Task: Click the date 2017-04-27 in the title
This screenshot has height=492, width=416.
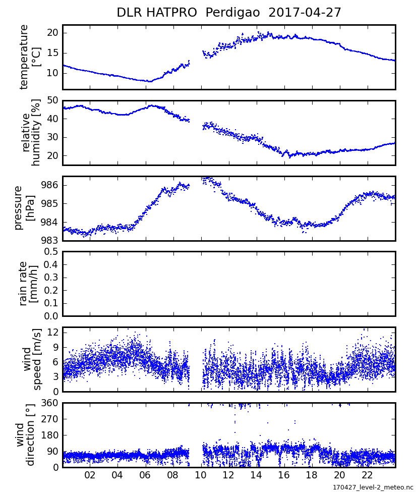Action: click(305, 13)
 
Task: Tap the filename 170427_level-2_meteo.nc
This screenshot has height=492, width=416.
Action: click(373, 487)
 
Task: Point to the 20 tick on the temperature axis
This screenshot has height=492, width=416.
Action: click(52, 33)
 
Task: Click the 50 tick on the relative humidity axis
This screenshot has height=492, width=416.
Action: click(52, 100)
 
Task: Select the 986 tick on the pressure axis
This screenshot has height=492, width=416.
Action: click(50, 185)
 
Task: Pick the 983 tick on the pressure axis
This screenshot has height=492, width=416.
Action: click(50, 240)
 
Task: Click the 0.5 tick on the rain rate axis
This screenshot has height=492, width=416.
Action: click(51, 251)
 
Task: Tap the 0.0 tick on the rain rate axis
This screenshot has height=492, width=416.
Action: click(51, 316)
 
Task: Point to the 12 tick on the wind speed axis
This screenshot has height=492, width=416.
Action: click(52, 332)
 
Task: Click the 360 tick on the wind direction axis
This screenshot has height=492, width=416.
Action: click(50, 403)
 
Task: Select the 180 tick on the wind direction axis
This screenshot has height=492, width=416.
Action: click(50, 435)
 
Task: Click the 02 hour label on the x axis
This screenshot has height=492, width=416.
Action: click(90, 475)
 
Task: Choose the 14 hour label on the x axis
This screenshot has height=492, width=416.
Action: click(256, 475)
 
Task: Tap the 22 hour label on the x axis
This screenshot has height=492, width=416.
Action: click(367, 475)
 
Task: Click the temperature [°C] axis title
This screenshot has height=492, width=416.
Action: click(30, 57)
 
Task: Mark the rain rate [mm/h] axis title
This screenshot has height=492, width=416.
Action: click(28, 284)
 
